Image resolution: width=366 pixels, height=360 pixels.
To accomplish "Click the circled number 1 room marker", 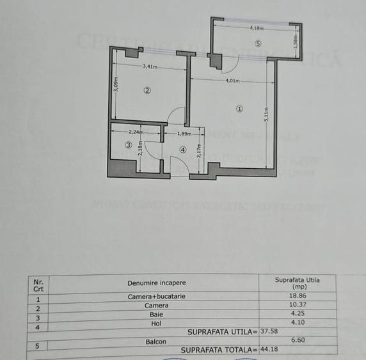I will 239,109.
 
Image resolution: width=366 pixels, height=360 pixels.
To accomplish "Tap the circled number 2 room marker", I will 147,90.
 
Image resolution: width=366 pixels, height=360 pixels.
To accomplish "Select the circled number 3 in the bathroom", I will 128,145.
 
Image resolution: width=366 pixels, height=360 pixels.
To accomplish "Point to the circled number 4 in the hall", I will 183,150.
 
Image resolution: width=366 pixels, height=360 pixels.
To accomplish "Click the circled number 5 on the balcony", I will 257,44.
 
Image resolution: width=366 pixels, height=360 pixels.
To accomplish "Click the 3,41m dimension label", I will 150,66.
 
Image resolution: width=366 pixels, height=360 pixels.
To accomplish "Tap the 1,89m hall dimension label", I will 184,134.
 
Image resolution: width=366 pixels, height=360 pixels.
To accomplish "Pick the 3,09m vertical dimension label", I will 116,85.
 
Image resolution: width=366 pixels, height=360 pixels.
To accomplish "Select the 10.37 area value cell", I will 297,306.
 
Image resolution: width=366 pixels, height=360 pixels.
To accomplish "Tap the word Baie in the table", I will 156,314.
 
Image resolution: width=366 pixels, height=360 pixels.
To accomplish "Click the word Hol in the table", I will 156,322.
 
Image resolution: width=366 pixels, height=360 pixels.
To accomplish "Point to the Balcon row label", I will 156,341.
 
